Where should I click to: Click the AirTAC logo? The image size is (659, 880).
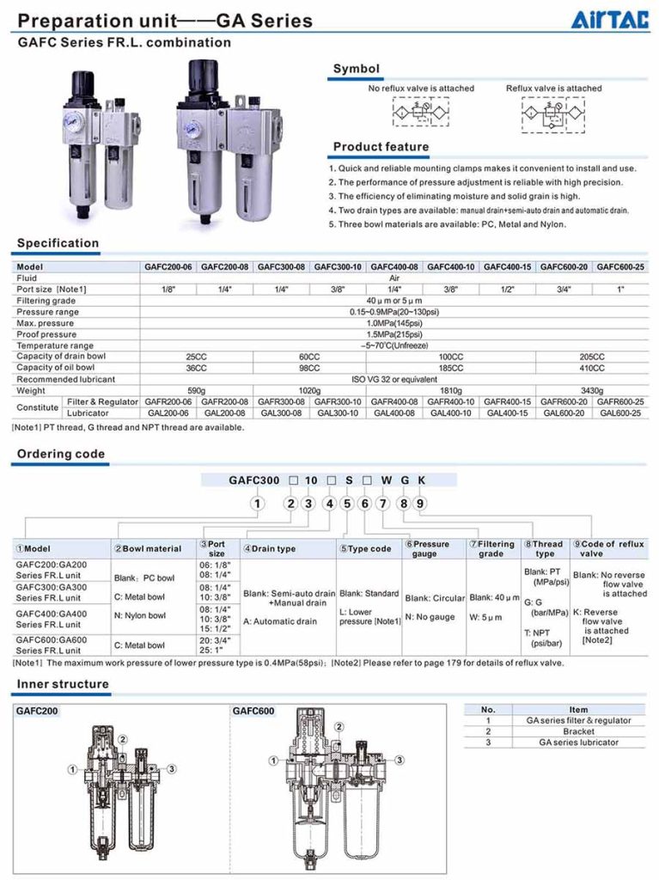click(611, 18)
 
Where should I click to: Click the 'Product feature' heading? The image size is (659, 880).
click(381, 147)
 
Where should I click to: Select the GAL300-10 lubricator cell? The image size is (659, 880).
click(339, 412)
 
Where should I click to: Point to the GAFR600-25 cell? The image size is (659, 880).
click(621, 401)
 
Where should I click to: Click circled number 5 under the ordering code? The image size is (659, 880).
click(346, 504)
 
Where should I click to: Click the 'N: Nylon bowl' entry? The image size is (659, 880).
click(139, 615)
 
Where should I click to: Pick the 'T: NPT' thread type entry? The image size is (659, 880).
click(542, 634)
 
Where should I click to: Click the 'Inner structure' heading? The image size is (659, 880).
click(63, 684)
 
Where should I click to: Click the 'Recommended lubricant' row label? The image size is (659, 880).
click(65, 379)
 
